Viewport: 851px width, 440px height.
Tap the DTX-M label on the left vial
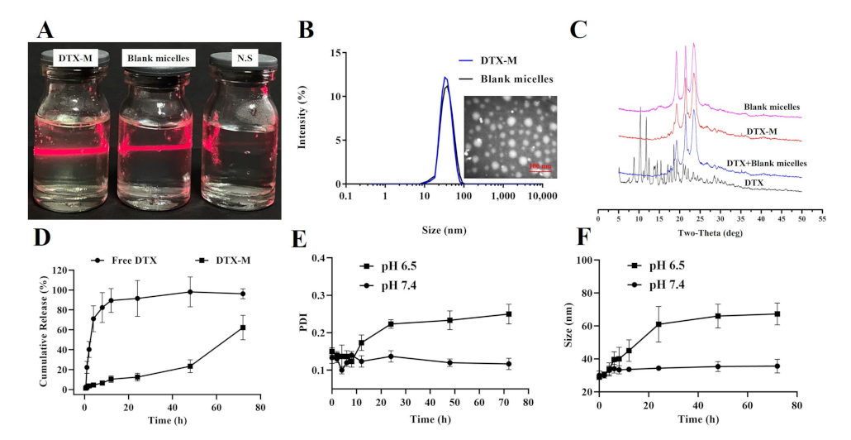[76, 58]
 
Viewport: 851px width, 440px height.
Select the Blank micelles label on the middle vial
[157, 58]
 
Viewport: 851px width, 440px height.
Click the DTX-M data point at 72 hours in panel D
[243, 328]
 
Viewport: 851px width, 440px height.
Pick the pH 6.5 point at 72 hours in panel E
[509, 314]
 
